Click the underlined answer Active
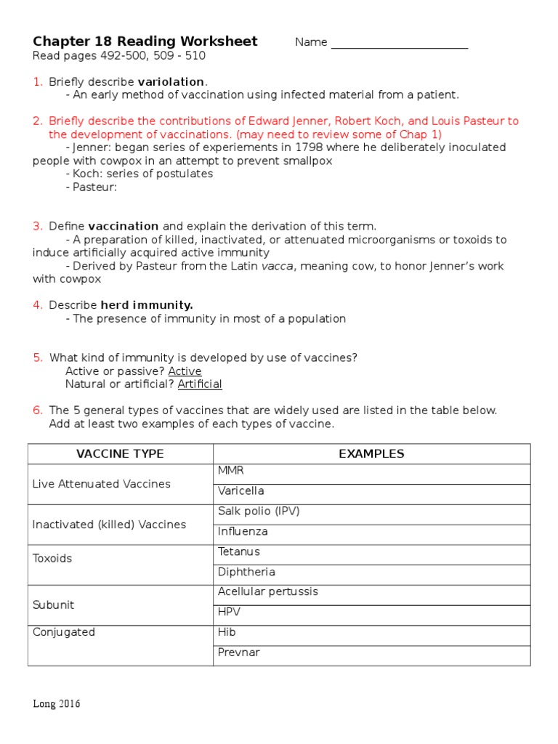click(x=185, y=371)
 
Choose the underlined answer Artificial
click(x=200, y=384)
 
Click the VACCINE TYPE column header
click(x=120, y=454)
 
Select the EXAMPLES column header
click(x=371, y=454)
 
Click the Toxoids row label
click(x=52, y=559)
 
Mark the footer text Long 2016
click(x=57, y=704)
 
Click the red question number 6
click(x=38, y=411)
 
